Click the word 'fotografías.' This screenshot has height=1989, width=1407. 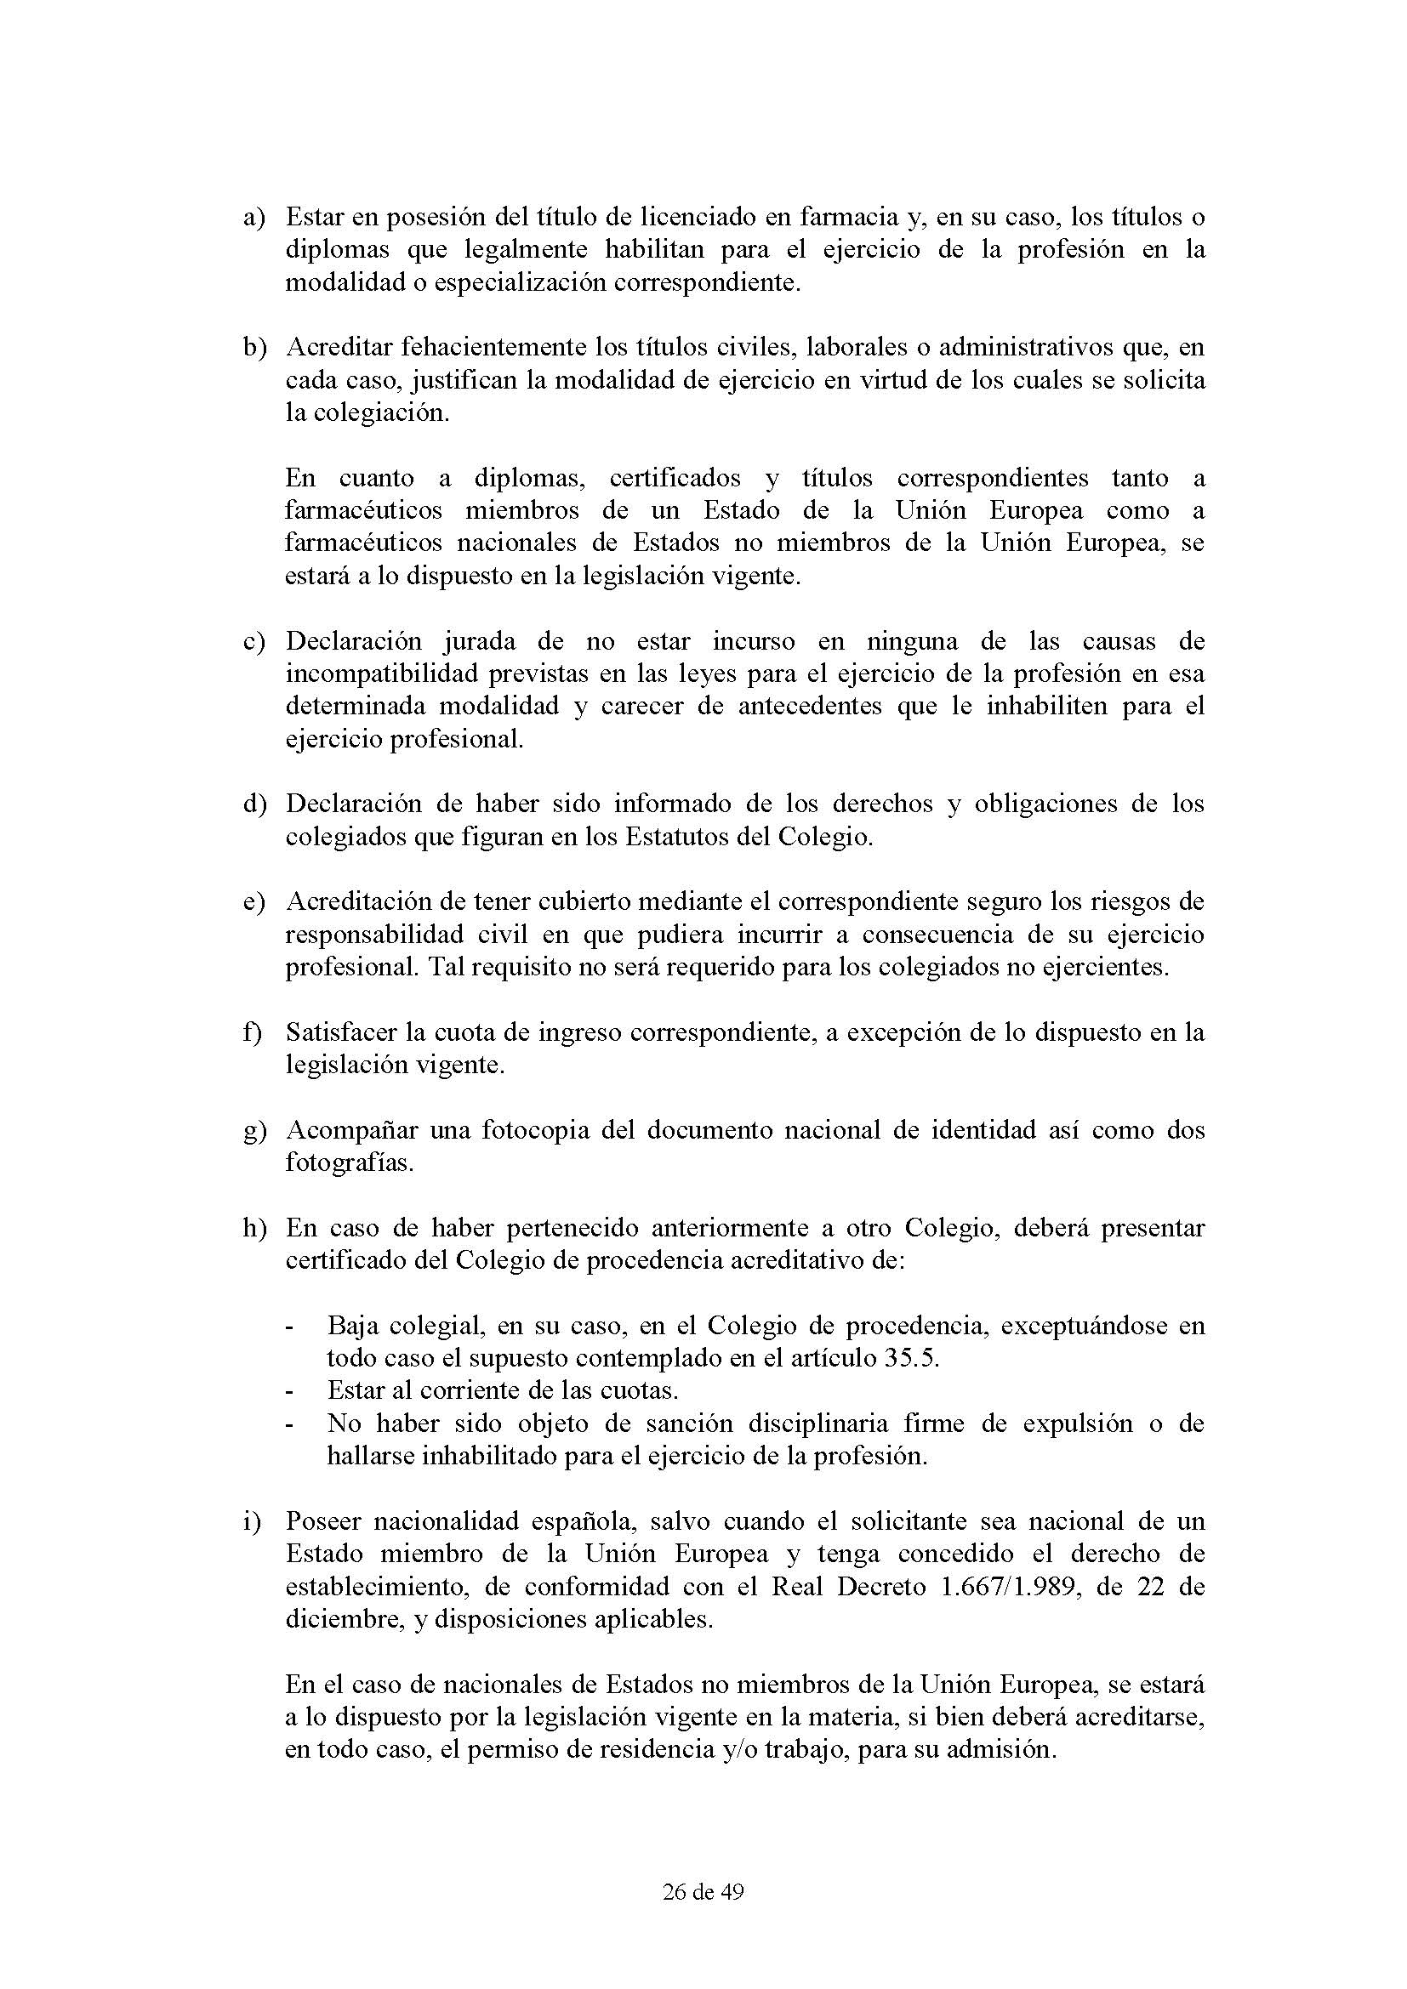point(349,1162)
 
